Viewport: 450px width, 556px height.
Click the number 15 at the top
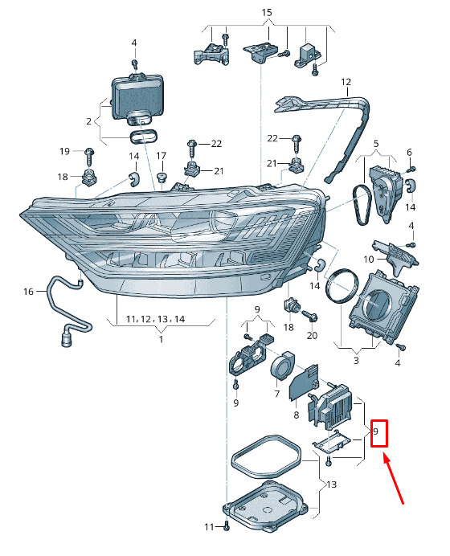point(266,13)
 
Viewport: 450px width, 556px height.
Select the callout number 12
point(346,82)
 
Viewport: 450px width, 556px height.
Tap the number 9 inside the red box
point(376,431)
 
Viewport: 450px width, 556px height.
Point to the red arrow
point(394,480)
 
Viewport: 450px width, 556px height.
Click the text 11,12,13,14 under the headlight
point(156,319)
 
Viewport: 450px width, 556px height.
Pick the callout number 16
point(28,292)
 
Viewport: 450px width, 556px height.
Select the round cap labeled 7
point(281,366)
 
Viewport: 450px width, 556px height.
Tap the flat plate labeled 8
point(304,384)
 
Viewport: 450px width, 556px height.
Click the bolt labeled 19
point(89,157)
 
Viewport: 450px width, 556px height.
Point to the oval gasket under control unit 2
point(143,137)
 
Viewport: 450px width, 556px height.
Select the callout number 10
point(369,260)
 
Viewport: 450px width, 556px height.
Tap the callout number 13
point(331,484)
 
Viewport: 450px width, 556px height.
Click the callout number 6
point(409,153)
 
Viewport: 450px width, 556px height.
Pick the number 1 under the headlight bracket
point(161,339)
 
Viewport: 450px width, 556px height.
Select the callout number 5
point(376,144)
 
